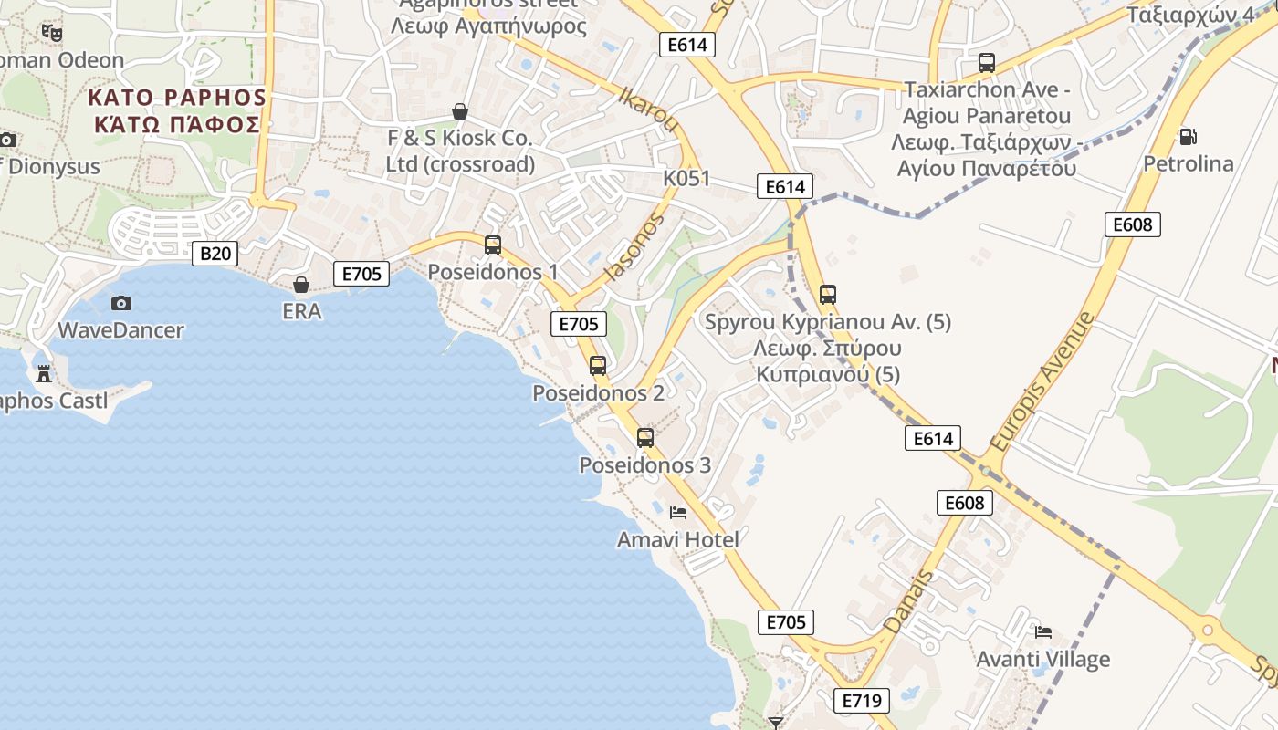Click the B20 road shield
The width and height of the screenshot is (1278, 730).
(x=215, y=253)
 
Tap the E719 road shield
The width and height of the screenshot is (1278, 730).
(x=861, y=701)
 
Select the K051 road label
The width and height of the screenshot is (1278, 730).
(x=686, y=178)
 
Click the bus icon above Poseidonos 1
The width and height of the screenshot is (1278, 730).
(x=493, y=245)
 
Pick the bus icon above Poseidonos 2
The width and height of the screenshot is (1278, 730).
(x=598, y=366)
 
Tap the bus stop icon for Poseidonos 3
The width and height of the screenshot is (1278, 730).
(x=645, y=438)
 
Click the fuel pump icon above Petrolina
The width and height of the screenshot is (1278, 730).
(x=1188, y=137)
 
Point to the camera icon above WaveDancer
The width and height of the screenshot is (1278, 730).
(x=120, y=303)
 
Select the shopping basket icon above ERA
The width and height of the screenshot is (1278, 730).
(x=301, y=285)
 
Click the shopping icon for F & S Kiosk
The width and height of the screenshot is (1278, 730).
(x=460, y=111)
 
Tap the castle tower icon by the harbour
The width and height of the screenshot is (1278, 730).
(x=43, y=373)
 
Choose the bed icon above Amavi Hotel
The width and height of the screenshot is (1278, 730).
(x=678, y=513)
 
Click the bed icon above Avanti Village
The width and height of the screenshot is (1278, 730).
(x=1043, y=631)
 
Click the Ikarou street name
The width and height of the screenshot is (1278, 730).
(x=650, y=109)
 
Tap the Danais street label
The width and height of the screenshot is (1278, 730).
(x=909, y=601)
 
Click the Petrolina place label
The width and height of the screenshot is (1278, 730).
(x=1189, y=164)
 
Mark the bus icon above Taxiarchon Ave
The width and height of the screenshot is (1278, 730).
(x=987, y=63)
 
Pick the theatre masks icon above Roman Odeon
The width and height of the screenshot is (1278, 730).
(x=52, y=33)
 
